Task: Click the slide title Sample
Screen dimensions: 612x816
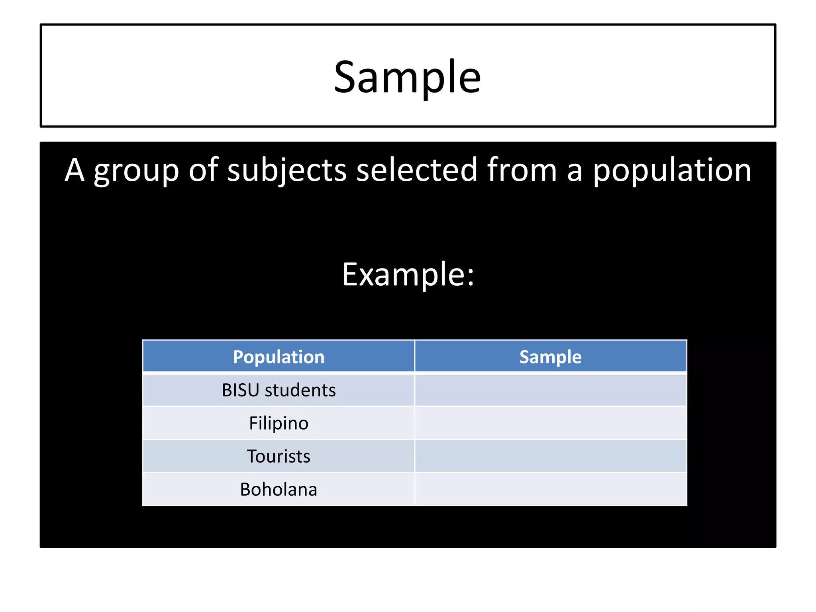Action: pyautogui.click(x=407, y=77)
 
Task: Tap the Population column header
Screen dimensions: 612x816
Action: pyautogui.click(x=279, y=357)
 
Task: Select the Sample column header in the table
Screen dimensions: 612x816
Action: pyautogui.click(x=550, y=357)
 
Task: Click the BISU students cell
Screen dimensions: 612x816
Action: pyautogui.click(x=279, y=390)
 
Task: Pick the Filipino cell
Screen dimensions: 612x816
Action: pyautogui.click(x=279, y=423)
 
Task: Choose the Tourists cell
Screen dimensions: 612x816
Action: pyautogui.click(x=279, y=456)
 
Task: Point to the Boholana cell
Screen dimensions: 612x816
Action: pyautogui.click(x=279, y=489)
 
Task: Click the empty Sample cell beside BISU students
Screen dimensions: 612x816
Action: pyautogui.click(x=550, y=390)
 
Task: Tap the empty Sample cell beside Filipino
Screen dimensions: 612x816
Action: pyautogui.click(x=550, y=423)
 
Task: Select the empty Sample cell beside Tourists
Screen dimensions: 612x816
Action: pyautogui.click(x=550, y=456)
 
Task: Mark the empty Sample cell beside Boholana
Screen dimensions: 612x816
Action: pyautogui.click(x=550, y=489)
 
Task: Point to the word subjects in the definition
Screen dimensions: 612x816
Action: pyautogui.click(x=287, y=171)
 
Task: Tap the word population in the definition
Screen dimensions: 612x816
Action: pyautogui.click(x=672, y=171)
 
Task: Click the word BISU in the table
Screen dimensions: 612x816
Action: pyautogui.click(x=241, y=390)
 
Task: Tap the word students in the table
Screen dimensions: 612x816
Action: pyautogui.click(x=300, y=390)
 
